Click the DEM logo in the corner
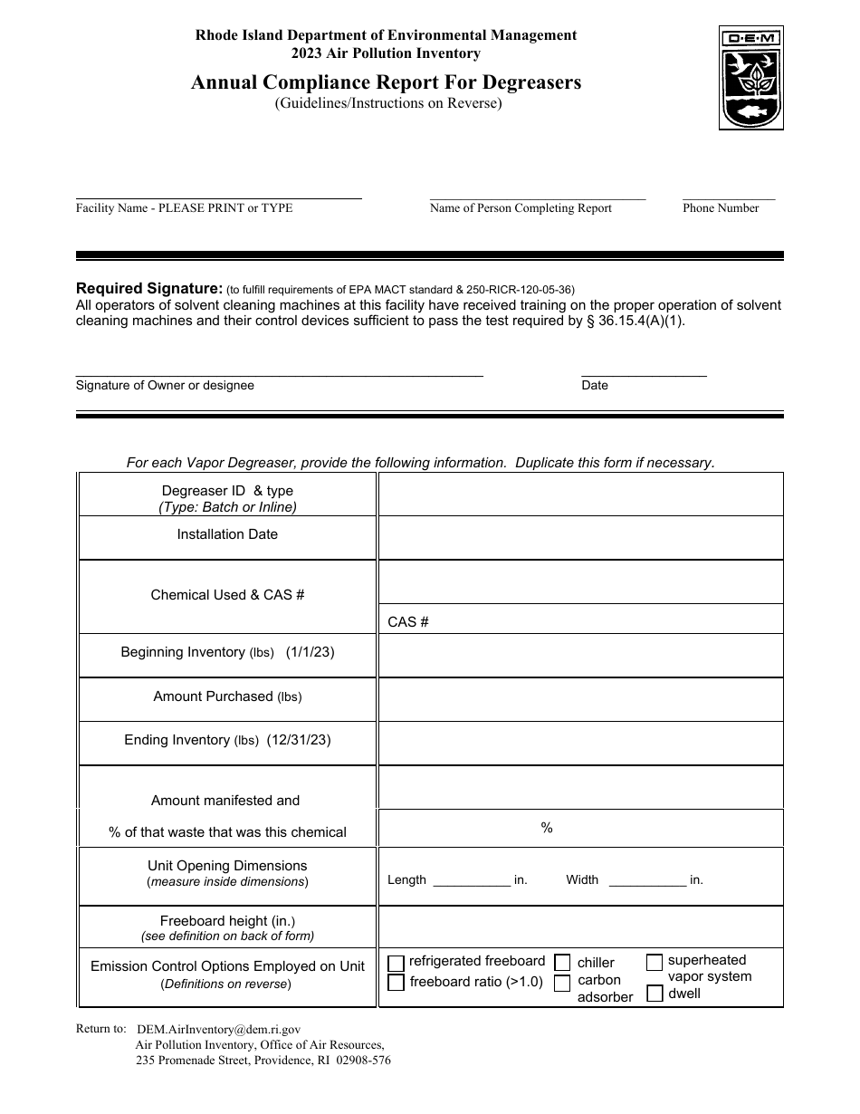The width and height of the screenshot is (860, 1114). [751, 78]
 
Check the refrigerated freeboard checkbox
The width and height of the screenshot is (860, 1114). [396, 964]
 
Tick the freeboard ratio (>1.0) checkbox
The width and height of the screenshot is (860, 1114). [396, 983]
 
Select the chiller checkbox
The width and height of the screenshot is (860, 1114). [562, 963]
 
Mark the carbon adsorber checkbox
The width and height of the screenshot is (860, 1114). [562, 983]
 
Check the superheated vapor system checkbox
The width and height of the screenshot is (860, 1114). [655, 963]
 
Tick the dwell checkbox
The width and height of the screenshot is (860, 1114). [655, 994]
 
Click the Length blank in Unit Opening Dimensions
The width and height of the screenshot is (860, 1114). [472, 881]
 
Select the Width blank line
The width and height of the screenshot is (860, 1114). [647, 881]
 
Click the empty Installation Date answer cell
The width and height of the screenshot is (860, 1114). [580, 537]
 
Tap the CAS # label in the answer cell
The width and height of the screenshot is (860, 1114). [408, 622]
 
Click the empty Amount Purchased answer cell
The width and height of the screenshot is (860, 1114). [580, 699]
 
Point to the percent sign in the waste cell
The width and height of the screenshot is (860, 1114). [547, 828]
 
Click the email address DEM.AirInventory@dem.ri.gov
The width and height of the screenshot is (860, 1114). [218, 1030]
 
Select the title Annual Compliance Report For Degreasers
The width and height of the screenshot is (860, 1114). [387, 83]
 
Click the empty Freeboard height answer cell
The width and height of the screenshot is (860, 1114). [580, 927]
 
